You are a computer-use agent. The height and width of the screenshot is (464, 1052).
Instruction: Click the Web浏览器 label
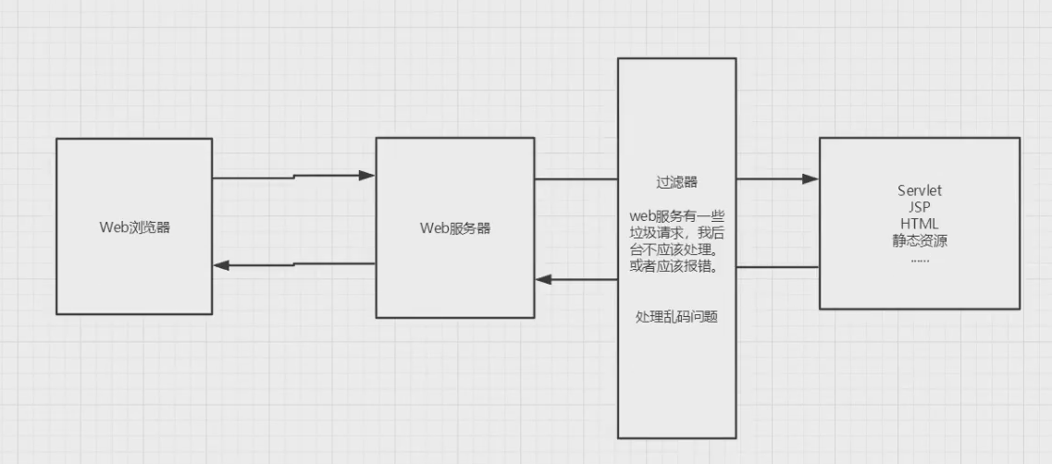click(x=134, y=227)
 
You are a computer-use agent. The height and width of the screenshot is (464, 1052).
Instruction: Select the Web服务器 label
click(x=454, y=228)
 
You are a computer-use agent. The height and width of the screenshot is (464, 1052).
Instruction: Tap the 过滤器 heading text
click(x=676, y=182)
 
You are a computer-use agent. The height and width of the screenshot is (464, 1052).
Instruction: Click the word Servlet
click(x=919, y=190)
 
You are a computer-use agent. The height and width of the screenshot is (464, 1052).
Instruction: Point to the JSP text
click(x=919, y=207)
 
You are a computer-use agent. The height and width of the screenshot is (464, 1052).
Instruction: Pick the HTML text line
click(x=919, y=224)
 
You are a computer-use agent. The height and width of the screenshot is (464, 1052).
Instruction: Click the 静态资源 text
click(x=919, y=241)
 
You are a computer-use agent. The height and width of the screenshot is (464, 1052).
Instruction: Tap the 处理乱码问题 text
click(x=677, y=317)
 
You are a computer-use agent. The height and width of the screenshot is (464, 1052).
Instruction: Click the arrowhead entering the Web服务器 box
click(x=367, y=175)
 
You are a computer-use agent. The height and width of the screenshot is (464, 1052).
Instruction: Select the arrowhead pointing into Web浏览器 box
click(x=221, y=265)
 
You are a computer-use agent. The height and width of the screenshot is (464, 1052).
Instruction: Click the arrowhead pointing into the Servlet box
click(x=811, y=179)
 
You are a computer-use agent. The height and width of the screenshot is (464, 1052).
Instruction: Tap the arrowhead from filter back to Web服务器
click(x=543, y=279)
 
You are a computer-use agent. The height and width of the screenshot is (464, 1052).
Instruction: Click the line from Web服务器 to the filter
click(x=576, y=179)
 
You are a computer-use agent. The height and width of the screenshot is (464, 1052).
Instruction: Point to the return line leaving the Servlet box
click(x=777, y=267)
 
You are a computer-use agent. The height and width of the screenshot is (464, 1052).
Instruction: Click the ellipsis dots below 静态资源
click(x=919, y=259)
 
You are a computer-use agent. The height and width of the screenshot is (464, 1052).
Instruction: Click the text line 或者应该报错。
click(x=676, y=268)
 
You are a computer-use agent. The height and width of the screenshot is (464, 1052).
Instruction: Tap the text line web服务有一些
click(x=676, y=216)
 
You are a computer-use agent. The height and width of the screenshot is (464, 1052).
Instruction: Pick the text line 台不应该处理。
click(x=676, y=250)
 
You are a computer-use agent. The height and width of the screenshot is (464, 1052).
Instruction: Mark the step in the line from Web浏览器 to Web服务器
click(x=294, y=176)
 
